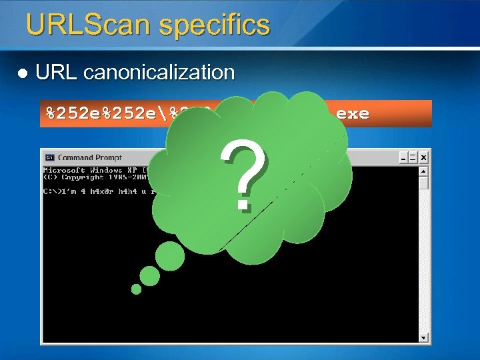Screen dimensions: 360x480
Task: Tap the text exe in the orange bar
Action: tap(353, 113)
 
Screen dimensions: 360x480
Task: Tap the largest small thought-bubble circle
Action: tap(170, 256)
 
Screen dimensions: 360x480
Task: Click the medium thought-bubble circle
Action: tap(150, 276)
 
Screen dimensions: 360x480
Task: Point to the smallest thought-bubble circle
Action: tap(136, 289)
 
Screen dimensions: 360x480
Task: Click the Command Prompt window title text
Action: tap(90, 157)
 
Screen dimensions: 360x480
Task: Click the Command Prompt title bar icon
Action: tap(49, 157)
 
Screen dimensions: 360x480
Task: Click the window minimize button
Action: tap(404, 157)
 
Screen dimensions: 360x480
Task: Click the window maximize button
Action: tap(413, 157)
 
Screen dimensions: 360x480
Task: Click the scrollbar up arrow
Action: tap(423, 171)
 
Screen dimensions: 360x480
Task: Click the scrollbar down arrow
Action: tap(423, 337)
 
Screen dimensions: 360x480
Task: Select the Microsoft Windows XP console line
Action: tap(93, 171)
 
